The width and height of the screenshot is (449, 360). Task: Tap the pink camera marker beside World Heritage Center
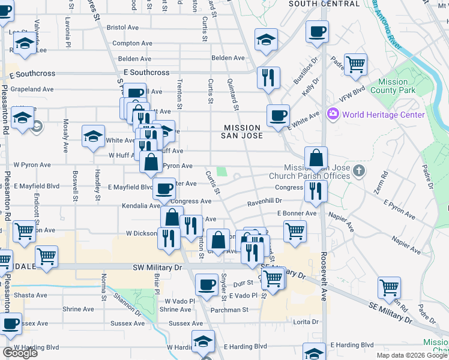[332, 113]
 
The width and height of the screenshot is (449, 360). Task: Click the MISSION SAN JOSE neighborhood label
[243, 131]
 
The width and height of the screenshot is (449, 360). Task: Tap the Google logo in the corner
[20, 353]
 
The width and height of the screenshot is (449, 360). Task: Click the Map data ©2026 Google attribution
[411, 355]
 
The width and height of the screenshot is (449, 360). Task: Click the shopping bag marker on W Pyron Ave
[150, 161]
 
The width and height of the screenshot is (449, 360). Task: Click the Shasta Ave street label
[30, 295]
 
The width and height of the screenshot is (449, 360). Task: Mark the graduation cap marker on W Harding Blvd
[203, 341]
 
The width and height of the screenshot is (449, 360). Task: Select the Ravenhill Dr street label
[264, 201]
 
